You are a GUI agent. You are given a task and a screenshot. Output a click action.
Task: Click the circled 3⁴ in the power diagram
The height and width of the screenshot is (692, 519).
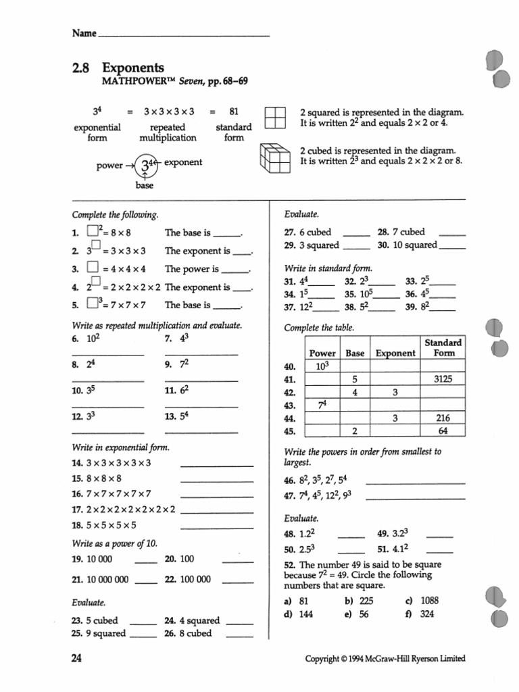tap(148, 164)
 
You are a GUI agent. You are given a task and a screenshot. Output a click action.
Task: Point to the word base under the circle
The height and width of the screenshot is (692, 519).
tap(145, 186)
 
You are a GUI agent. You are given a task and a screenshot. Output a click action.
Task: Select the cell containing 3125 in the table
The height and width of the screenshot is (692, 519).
tap(443, 379)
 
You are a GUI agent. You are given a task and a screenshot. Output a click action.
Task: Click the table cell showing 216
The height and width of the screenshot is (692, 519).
tap(443, 418)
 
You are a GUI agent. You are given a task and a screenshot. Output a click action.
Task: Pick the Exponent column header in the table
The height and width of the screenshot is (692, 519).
tap(395, 353)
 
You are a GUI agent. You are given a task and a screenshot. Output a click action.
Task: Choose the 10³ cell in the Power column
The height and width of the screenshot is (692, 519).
tap(322, 366)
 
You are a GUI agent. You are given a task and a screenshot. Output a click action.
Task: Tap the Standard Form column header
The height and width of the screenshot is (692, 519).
tap(443, 347)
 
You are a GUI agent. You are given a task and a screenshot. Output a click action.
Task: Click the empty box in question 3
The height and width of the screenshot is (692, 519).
tap(93, 269)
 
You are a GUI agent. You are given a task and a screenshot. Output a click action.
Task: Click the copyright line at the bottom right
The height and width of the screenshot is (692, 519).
tap(385, 659)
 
